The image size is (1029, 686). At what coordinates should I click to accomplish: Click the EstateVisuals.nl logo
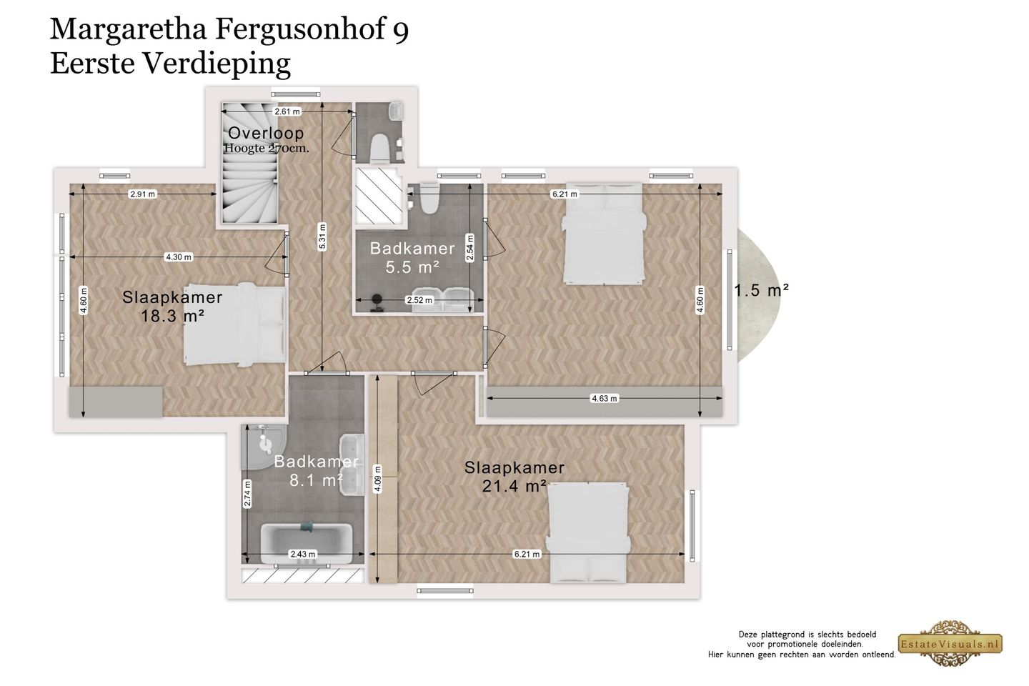(950, 643)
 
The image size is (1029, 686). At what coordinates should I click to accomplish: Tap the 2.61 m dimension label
(287, 111)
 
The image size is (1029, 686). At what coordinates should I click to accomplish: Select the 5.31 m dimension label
(322, 237)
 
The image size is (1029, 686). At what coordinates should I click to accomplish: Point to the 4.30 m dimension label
(178, 257)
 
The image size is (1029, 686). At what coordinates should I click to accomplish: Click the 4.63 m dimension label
(604, 398)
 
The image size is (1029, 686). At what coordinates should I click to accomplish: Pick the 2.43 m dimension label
(303, 554)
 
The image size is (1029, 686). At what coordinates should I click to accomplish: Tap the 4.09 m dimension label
(377, 479)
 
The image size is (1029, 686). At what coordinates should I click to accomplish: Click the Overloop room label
(266, 133)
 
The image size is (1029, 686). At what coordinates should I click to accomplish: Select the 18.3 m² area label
(172, 316)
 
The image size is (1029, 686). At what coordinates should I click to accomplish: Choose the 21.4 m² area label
(514, 486)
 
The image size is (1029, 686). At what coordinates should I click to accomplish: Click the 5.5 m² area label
(412, 267)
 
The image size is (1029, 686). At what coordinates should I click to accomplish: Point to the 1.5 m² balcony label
(762, 290)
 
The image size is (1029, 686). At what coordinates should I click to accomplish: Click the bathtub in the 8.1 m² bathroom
(307, 543)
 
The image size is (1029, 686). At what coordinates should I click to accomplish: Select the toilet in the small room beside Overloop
(380, 148)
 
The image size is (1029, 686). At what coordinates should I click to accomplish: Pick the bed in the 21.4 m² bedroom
(589, 533)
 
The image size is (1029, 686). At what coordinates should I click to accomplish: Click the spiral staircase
(250, 163)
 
